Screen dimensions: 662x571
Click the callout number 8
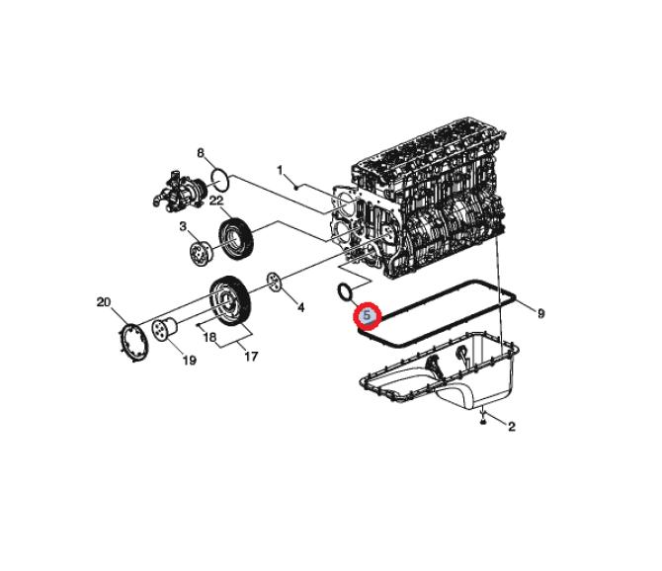coord(201,153)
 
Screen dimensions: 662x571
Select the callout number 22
coord(216,200)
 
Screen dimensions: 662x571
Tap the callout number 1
coord(280,171)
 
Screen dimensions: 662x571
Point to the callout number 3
coord(183,226)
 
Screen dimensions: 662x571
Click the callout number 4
coord(300,307)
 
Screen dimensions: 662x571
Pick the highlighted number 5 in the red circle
coord(367,315)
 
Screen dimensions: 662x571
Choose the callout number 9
coord(540,313)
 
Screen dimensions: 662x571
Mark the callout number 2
coord(512,427)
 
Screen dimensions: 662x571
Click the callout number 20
coord(104,302)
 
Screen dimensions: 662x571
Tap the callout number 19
coord(189,360)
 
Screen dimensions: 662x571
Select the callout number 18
coord(209,337)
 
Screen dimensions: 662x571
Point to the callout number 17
coord(251,357)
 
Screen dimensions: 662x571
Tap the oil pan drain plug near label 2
coord(483,421)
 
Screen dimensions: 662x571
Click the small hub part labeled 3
coord(201,253)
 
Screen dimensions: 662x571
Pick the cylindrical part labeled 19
coord(164,330)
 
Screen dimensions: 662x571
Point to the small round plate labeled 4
coord(275,282)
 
